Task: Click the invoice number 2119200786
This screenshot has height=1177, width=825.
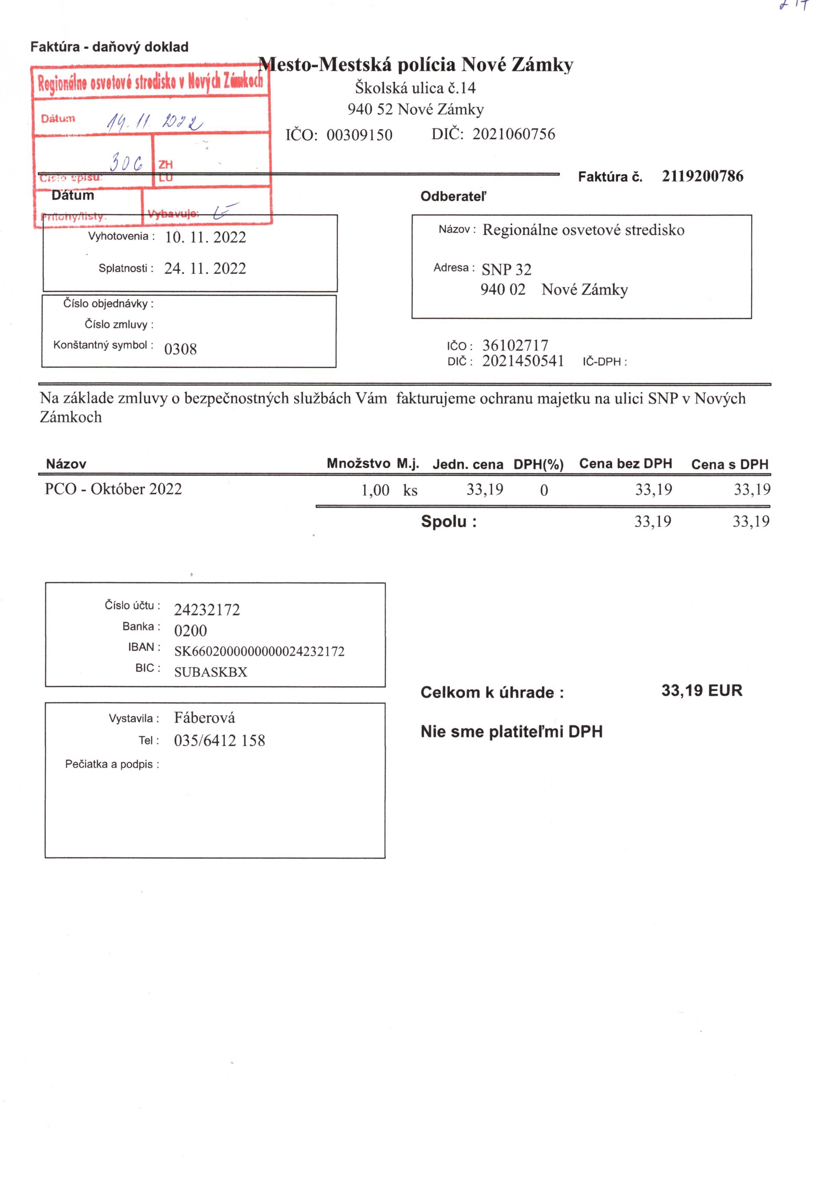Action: click(702, 176)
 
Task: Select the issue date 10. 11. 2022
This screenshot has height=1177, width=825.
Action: click(205, 237)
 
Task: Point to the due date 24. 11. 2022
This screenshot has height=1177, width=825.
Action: click(205, 268)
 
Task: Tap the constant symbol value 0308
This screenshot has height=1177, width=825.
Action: click(180, 349)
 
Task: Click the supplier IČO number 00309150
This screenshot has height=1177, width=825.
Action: click(360, 135)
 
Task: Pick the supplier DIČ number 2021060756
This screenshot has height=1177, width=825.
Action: click(514, 134)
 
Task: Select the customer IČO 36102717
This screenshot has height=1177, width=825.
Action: click(515, 346)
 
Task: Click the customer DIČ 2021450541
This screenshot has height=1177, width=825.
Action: click(523, 361)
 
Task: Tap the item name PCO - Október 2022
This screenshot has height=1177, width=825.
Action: click(113, 489)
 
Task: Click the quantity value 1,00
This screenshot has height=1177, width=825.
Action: click(375, 491)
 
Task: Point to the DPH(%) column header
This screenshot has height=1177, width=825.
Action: click(538, 464)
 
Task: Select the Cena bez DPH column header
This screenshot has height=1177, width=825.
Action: click(626, 464)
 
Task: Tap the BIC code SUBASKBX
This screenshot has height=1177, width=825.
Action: click(211, 672)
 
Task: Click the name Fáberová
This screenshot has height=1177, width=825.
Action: click(204, 718)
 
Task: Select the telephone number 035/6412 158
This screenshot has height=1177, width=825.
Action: click(220, 741)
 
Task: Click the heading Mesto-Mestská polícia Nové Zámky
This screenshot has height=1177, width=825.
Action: click(415, 65)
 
